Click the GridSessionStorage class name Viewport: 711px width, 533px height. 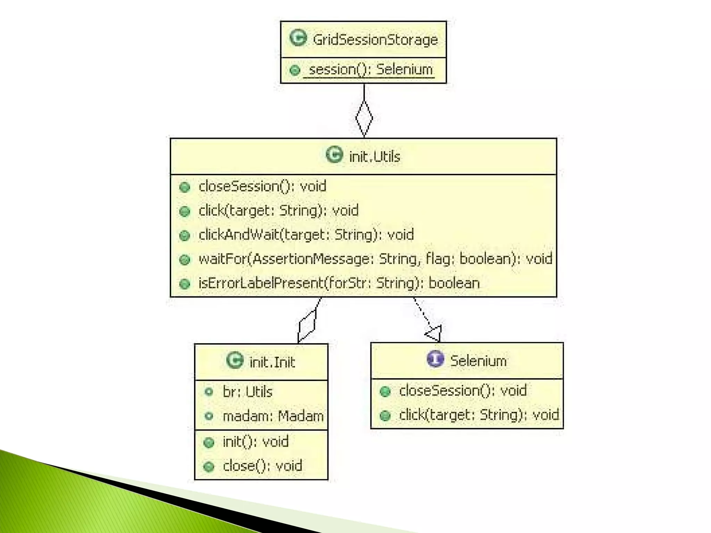point(375,40)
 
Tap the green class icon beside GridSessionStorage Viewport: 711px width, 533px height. point(298,38)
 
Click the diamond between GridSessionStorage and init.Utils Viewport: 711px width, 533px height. point(364,118)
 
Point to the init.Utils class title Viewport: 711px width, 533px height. point(374,157)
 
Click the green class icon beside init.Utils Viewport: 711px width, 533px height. point(334,155)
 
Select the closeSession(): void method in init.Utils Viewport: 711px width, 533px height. point(262,186)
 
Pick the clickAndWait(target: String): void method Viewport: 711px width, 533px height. point(306,235)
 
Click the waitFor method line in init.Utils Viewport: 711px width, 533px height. point(375,259)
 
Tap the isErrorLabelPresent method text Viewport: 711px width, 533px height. point(339,283)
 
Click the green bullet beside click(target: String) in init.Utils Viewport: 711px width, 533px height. point(185,211)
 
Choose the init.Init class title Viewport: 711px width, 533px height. point(272,362)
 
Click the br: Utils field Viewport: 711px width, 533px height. point(247,392)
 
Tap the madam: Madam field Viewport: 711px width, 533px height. point(273,416)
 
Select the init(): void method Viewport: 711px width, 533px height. point(256,442)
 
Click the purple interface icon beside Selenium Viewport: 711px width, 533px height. point(435,359)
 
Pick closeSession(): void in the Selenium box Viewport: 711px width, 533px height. point(462,391)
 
